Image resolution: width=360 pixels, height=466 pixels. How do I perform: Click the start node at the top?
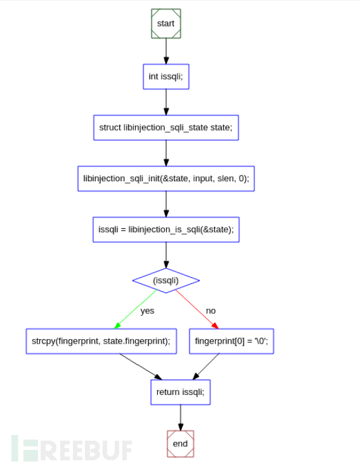[x=165, y=23]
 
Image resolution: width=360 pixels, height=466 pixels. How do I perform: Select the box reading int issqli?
[x=165, y=77]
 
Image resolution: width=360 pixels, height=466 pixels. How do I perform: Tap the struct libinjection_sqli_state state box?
[x=165, y=127]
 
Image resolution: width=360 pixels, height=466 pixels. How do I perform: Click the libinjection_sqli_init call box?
[x=165, y=178]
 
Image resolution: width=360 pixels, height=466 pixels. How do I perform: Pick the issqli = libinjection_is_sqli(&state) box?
[x=165, y=230]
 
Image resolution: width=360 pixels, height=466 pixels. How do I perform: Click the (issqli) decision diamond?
[x=165, y=280]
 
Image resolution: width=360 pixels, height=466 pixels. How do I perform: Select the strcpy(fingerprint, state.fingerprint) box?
[x=101, y=340]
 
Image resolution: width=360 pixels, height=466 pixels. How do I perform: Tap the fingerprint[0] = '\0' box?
[x=231, y=340]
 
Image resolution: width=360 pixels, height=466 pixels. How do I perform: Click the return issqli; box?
[x=181, y=392]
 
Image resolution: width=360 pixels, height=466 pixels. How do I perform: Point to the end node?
[x=181, y=443]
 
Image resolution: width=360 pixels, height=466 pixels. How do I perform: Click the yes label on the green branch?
[x=147, y=311]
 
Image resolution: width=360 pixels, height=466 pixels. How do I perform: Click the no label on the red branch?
[x=211, y=311]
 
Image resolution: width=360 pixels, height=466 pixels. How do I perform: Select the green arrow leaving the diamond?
[x=134, y=310]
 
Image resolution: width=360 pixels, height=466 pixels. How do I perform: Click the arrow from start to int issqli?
[x=165, y=51]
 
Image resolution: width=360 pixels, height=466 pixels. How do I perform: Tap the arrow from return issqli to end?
[x=181, y=417]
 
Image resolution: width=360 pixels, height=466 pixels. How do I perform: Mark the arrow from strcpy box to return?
[x=139, y=366]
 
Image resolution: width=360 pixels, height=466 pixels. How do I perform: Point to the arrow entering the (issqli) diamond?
[x=165, y=255]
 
